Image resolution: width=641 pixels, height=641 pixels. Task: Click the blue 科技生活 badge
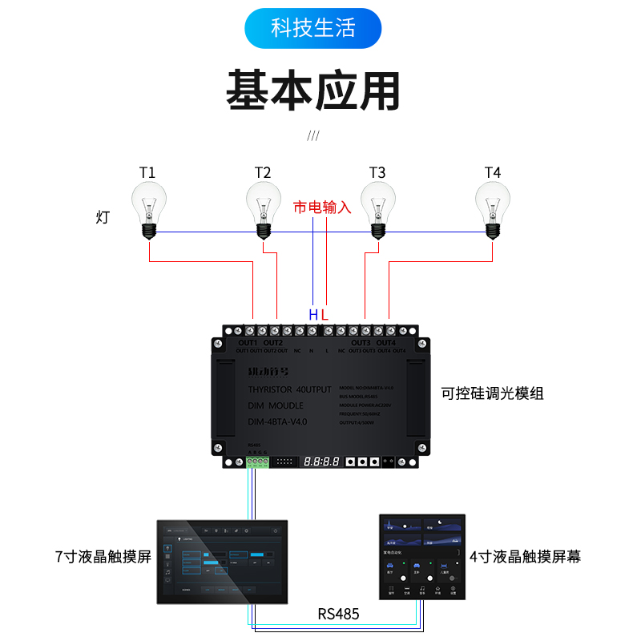click(x=312, y=29)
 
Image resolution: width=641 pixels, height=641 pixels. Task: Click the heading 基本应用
click(x=312, y=90)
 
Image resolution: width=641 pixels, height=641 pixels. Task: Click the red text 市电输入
click(x=323, y=207)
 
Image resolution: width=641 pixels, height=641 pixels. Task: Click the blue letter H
click(x=312, y=315)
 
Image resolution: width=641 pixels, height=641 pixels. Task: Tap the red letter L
click(x=325, y=315)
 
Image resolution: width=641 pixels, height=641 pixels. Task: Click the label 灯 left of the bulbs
click(x=103, y=217)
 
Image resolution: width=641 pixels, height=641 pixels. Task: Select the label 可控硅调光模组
click(x=493, y=393)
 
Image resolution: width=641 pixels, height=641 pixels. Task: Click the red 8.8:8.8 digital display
click(x=320, y=462)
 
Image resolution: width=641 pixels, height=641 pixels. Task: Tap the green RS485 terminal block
click(x=256, y=461)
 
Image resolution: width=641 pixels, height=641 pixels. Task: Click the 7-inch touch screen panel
click(x=220, y=560)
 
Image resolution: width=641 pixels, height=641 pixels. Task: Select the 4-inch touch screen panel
click(x=421, y=556)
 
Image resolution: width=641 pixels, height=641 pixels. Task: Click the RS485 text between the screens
click(x=338, y=615)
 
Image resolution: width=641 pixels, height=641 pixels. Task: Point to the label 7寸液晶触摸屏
click(x=103, y=557)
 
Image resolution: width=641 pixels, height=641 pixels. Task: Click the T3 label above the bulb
click(x=377, y=173)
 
